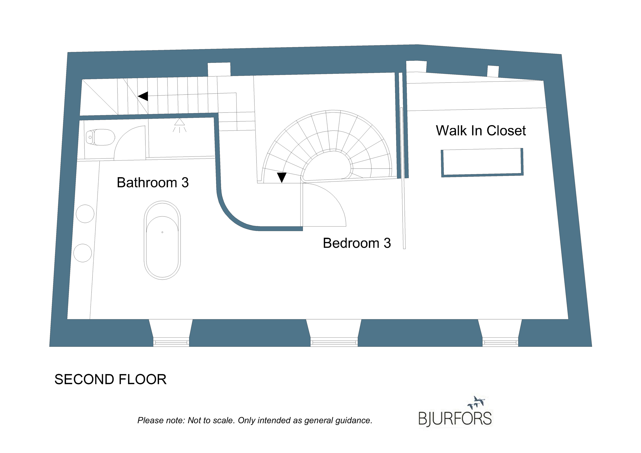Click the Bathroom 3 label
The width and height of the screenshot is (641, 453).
coord(153,183)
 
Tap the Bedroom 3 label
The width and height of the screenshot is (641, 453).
coord(357,243)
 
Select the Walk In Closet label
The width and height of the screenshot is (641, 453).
coord(481,131)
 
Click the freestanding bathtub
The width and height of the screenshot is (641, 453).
coord(162,240)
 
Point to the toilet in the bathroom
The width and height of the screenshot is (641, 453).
coord(100,137)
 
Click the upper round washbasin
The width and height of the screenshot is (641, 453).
coord(85,214)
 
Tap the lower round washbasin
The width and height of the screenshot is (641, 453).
coord(83,253)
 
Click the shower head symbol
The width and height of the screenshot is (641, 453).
coord(179,125)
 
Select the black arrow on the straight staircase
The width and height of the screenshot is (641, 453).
coord(143,96)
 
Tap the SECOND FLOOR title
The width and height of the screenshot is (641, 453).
coord(111,379)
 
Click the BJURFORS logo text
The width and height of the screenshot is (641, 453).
coord(455,419)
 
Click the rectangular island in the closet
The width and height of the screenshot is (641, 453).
coord(482,163)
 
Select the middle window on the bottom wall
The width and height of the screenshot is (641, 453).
coord(334,342)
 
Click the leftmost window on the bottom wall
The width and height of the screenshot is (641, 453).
coord(171,342)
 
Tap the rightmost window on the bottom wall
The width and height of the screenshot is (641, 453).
coord(500,342)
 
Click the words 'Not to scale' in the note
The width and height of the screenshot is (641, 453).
coord(211,420)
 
